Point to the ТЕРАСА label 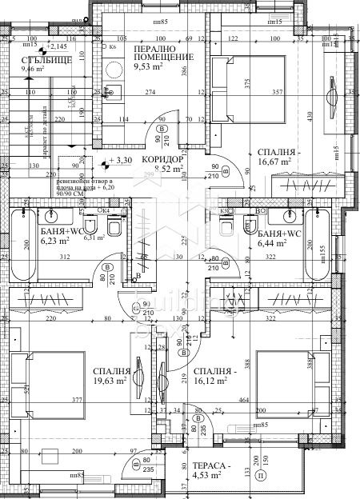pos(212,467)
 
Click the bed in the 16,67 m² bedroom pos(245,87)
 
